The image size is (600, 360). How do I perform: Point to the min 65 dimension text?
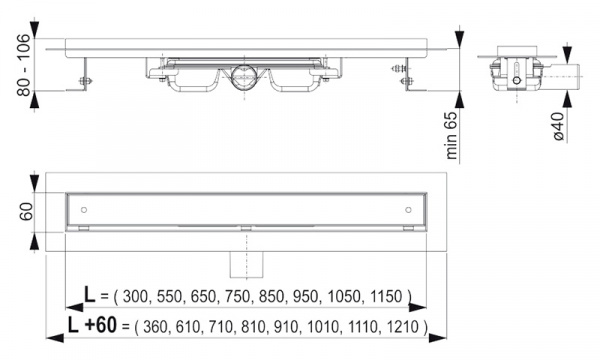(452, 136)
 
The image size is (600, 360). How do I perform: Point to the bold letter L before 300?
(89, 295)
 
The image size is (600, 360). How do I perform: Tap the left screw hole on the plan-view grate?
(85, 209)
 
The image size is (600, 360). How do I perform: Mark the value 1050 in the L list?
(346, 296)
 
